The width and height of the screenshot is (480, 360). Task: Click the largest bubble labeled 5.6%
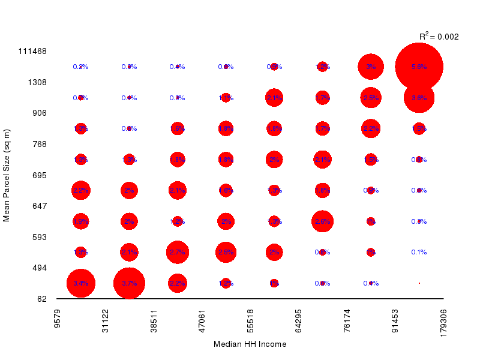pyautogui.click(x=419, y=67)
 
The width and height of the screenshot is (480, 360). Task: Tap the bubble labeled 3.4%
pyautogui.click(x=81, y=283)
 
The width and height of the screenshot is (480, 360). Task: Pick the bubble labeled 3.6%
pyautogui.click(x=419, y=98)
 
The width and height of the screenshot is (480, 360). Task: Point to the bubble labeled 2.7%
pyautogui.click(x=177, y=252)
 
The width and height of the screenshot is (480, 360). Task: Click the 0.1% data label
pyautogui.click(x=419, y=252)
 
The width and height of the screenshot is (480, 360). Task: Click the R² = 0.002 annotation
pyautogui.click(x=439, y=37)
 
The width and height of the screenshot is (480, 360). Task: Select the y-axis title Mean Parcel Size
pyautogui.click(x=7, y=175)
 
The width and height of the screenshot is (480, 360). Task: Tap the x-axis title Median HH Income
pyautogui.click(x=250, y=344)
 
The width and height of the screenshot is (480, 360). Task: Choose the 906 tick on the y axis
pyautogui.click(x=40, y=113)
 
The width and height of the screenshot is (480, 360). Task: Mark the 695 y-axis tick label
pyautogui.click(x=40, y=175)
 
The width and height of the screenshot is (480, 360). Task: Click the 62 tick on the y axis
pyautogui.click(x=41, y=299)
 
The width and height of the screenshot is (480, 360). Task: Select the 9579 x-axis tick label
pyautogui.click(x=57, y=320)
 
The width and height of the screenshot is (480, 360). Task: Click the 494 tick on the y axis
pyautogui.click(x=40, y=268)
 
